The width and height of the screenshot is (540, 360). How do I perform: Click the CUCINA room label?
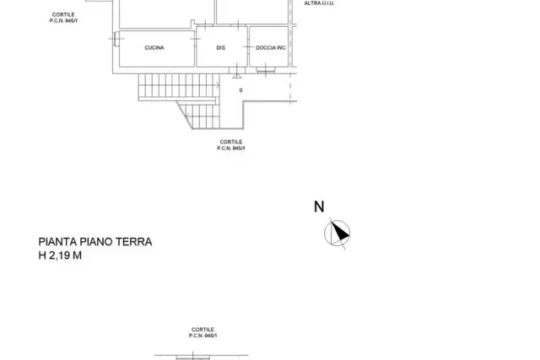154,48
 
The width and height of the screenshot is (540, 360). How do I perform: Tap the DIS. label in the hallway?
221,48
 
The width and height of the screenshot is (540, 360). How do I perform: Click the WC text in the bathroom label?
281,48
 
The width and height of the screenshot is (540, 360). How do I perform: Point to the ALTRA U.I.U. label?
319,3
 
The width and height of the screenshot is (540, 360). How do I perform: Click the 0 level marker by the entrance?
240,90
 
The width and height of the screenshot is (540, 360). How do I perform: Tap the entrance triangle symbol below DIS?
237,76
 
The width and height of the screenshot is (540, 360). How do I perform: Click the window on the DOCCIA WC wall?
266,70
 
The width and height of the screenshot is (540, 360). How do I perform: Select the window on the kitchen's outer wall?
116,39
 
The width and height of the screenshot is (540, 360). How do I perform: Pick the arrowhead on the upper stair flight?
218,85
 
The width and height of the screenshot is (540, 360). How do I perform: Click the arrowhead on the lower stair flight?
186,116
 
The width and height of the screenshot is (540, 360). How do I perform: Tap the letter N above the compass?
319,207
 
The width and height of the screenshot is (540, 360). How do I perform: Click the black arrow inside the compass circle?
340,231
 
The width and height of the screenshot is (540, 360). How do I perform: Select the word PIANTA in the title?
58,242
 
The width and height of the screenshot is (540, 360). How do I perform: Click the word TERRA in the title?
133,242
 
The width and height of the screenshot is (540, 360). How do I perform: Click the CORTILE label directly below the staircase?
231,142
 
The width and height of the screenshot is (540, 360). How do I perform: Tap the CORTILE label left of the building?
63,15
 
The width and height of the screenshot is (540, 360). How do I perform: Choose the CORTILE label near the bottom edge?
202,330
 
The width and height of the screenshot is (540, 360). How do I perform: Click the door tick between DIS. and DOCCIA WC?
248,47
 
